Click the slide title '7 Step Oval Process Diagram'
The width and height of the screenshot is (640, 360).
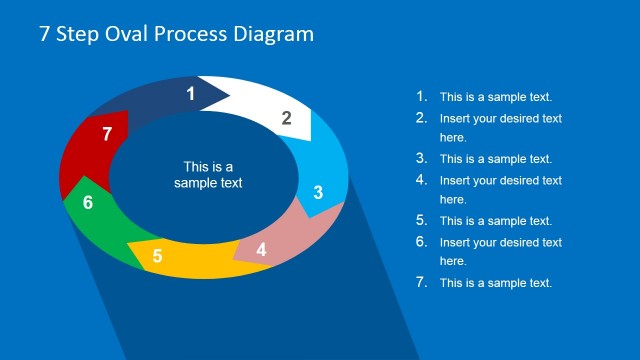(x=176, y=34)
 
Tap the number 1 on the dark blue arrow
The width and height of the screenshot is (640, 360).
(x=191, y=95)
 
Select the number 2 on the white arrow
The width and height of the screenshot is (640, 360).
(x=286, y=118)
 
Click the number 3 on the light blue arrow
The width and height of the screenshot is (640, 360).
(x=318, y=193)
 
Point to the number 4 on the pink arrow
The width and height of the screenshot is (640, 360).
(x=261, y=249)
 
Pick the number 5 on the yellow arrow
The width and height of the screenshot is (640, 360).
(x=157, y=257)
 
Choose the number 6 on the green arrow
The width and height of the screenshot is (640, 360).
(x=88, y=203)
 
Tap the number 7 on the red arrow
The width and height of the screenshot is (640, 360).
(x=107, y=134)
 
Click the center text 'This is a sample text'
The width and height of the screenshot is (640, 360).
(x=208, y=175)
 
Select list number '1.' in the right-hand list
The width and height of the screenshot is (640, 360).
(x=421, y=97)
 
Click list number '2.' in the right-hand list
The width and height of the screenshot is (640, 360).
(x=421, y=118)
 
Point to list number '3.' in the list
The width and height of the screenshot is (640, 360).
(x=421, y=158)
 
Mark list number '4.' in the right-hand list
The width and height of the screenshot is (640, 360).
(x=421, y=180)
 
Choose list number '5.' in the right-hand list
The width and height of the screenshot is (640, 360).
(x=421, y=221)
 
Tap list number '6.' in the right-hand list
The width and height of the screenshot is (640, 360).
(x=421, y=242)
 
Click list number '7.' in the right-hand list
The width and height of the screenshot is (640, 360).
(x=421, y=282)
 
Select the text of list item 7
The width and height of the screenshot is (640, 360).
(x=496, y=283)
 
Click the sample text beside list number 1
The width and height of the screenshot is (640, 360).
(x=496, y=97)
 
